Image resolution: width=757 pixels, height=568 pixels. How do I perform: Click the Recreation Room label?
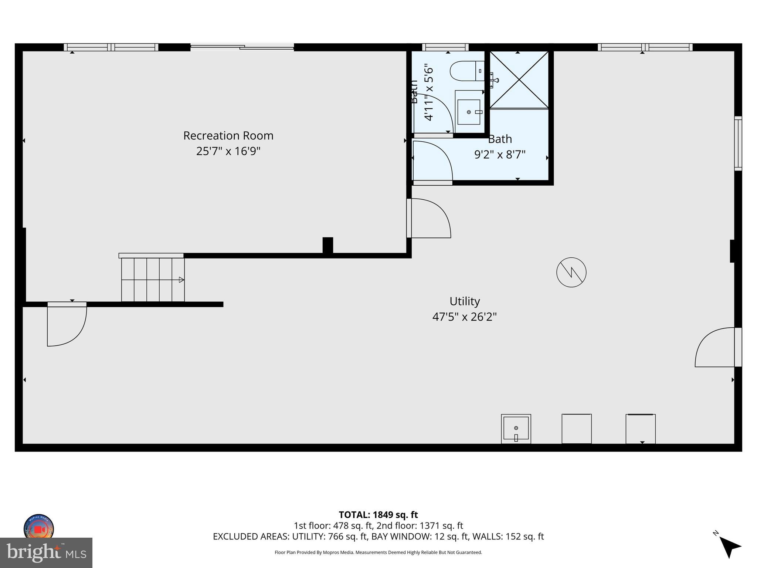228,136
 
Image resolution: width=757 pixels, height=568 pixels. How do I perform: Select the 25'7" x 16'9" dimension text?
228,151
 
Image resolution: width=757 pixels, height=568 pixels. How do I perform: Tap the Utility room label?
464,301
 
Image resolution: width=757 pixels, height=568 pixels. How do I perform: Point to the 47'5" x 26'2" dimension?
464,317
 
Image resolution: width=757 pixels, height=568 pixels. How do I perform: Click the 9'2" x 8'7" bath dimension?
500,154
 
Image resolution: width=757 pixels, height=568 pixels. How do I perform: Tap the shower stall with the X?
519,80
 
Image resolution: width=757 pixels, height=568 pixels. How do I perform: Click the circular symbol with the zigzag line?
571,272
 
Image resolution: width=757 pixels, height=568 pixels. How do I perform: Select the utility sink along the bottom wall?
516,429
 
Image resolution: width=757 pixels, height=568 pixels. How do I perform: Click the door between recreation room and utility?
429,218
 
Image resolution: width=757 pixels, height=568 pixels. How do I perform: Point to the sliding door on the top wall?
242,47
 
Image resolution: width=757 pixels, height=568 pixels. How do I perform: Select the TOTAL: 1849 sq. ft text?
378,514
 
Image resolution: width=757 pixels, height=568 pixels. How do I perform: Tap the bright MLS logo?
46,552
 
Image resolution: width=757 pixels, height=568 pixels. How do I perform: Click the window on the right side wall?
737,143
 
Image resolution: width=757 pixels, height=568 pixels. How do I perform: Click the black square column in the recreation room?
327,245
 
